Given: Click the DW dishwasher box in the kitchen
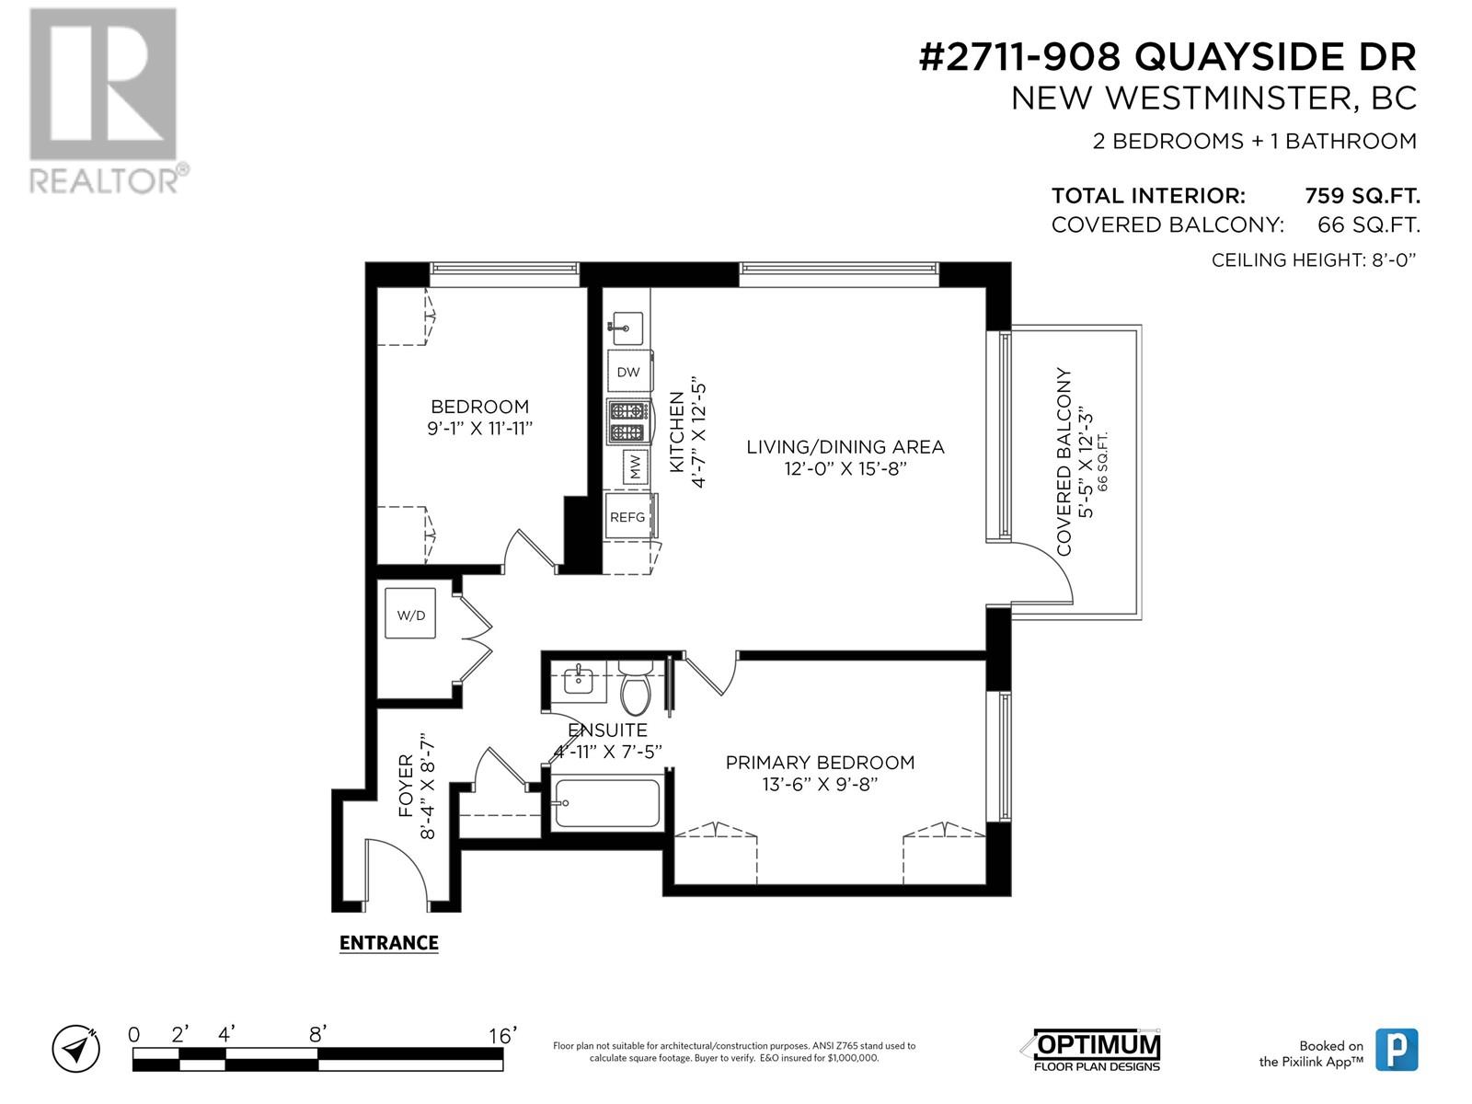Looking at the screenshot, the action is tap(629, 371).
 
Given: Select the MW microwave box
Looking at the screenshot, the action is tap(635, 466).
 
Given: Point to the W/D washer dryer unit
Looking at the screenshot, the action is tap(410, 614).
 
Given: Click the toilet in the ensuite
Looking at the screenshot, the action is tap(635, 685).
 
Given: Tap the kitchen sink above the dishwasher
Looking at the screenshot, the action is tap(627, 328).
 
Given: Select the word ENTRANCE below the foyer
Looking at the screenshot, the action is tap(389, 943).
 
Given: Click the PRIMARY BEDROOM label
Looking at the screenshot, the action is tap(820, 762).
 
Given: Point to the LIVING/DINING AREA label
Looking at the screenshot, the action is tap(845, 446).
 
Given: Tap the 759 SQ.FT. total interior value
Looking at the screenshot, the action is tap(1362, 196).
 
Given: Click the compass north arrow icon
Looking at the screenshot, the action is tap(75, 1048).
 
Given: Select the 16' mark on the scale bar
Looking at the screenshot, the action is tap(503, 1036).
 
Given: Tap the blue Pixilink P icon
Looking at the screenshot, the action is tap(1397, 1049).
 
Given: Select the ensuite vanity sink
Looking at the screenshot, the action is tap(578, 681).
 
